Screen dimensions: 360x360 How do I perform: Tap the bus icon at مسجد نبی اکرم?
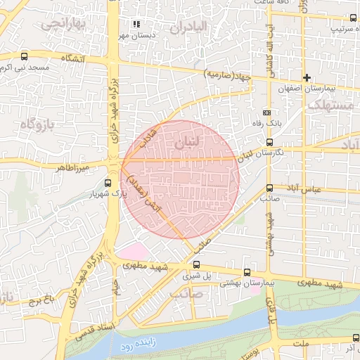25,57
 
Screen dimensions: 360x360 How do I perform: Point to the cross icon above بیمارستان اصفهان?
307,77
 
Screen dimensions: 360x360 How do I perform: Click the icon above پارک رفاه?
266,112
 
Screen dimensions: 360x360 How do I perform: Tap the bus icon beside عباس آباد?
269,188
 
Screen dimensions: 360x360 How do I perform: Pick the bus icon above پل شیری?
196,265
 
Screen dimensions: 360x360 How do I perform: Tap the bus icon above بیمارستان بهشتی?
247,272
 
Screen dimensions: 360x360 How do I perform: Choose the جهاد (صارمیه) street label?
227,73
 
